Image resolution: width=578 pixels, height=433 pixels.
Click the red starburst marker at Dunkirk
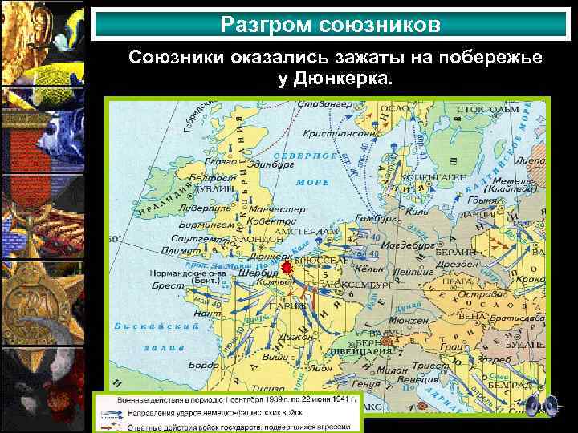(x=287, y=267)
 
